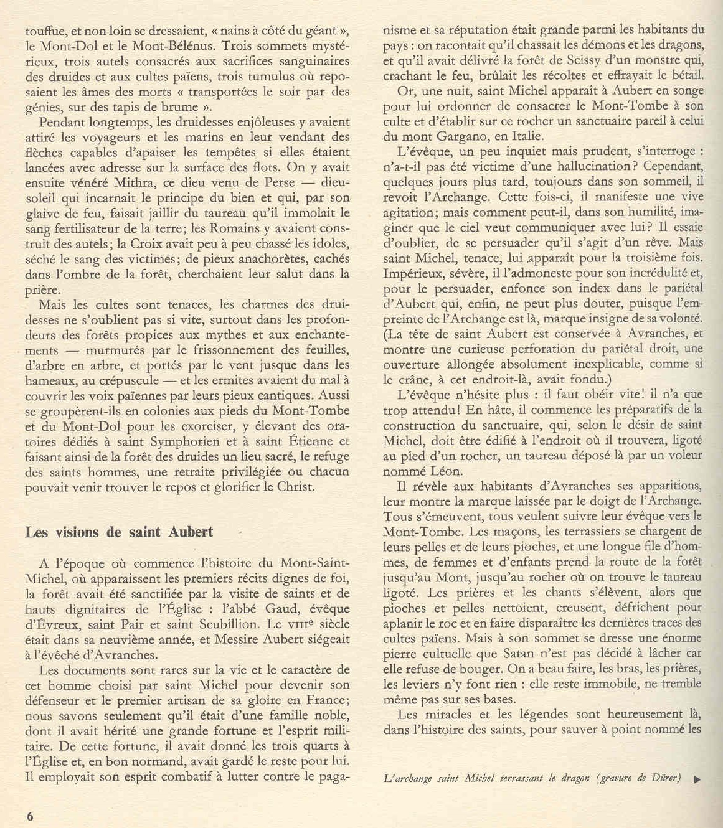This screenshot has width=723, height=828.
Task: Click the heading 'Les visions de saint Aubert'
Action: (x=119, y=532)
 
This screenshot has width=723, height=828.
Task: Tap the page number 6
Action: (x=30, y=817)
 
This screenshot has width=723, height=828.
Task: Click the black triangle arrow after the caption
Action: (x=697, y=779)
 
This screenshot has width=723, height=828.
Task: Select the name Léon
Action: (x=440, y=471)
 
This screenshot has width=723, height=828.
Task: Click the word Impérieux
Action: (x=416, y=273)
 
